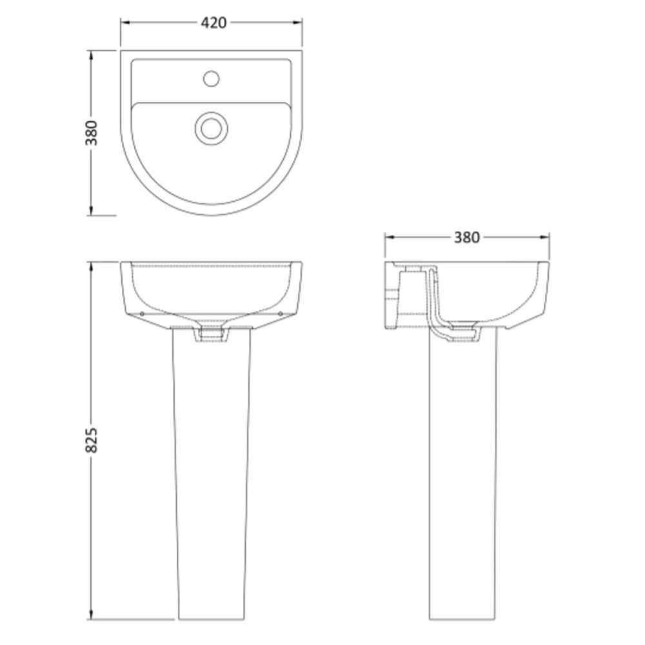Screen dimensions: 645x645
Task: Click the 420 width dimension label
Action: point(213,23)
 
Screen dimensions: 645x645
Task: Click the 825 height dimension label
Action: point(92,440)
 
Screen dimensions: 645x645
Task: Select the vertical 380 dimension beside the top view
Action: point(92,133)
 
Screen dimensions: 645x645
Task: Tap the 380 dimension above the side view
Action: point(467,237)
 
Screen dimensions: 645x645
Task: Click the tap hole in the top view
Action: point(212,79)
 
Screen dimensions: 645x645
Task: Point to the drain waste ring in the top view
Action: point(212,128)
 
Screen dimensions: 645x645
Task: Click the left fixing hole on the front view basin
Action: point(142,314)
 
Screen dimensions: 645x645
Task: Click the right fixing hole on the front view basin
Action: point(281,314)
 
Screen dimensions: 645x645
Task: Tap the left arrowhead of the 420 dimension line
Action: point(125,23)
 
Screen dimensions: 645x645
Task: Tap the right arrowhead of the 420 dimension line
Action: point(298,23)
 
